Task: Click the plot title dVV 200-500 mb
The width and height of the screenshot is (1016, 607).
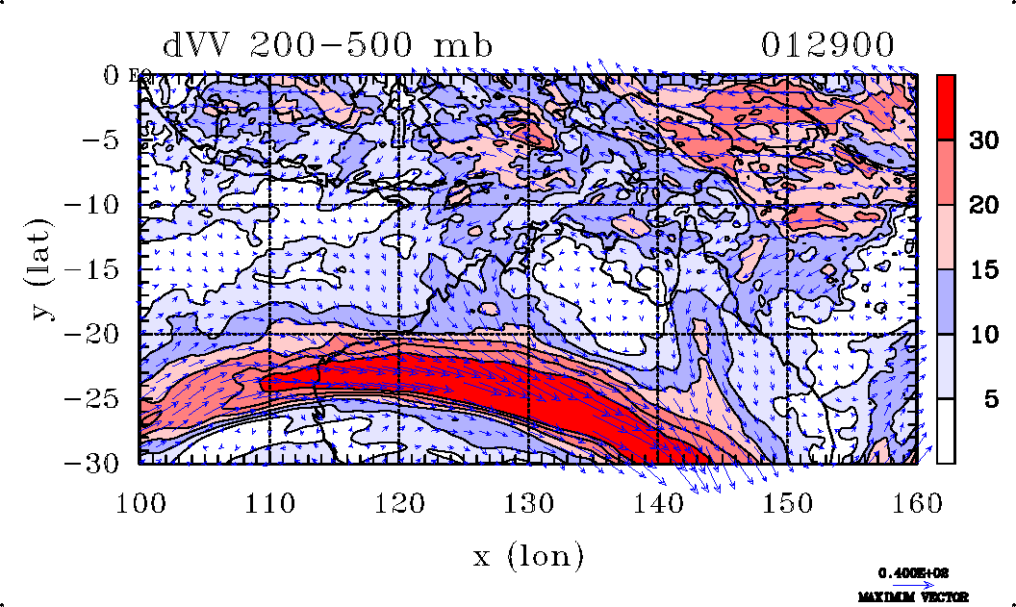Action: [327, 45]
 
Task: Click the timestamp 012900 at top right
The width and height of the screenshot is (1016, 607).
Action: [828, 45]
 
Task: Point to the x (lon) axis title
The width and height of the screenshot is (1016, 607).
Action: [528, 556]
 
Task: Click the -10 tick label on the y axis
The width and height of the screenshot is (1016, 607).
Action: [104, 205]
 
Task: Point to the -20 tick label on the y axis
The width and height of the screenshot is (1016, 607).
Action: [104, 334]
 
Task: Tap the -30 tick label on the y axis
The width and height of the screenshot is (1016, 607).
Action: [104, 463]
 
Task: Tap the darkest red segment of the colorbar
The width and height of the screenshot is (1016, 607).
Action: [946, 108]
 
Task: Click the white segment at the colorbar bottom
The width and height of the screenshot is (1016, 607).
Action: [946, 431]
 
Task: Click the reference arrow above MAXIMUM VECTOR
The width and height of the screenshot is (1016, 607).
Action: [907, 584]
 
